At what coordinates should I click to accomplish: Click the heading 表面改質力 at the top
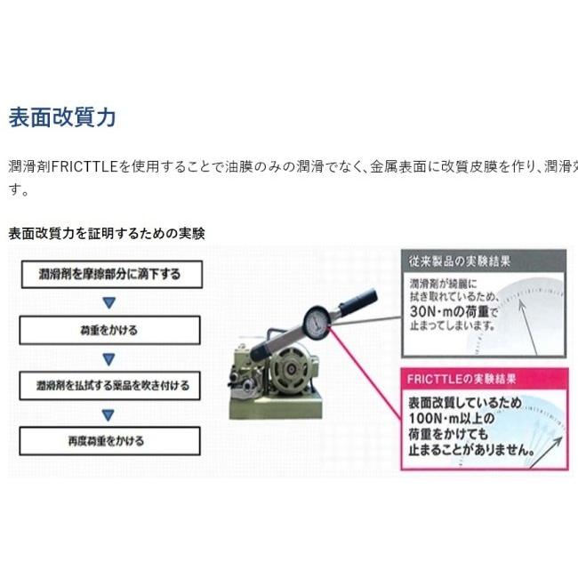pyautogui.click(x=62, y=117)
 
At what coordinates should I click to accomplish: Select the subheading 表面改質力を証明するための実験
pyautogui.click(x=107, y=234)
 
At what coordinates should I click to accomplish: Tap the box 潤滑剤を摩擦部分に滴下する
pyautogui.click(x=108, y=274)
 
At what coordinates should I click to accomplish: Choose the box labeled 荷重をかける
pyautogui.click(x=108, y=330)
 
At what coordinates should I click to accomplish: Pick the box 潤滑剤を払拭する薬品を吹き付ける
pyautogui.click(x=108, y=386)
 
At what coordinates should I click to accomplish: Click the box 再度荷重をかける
pyautogui.click(x=108, y=440)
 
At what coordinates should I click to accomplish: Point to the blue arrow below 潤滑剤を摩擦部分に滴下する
pyautogui.click(x=108, y=302)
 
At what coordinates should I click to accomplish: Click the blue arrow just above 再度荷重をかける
pyautogui.click(x=108, y=413)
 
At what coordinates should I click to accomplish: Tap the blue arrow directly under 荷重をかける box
pyautogui.click(x=108, y=358)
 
